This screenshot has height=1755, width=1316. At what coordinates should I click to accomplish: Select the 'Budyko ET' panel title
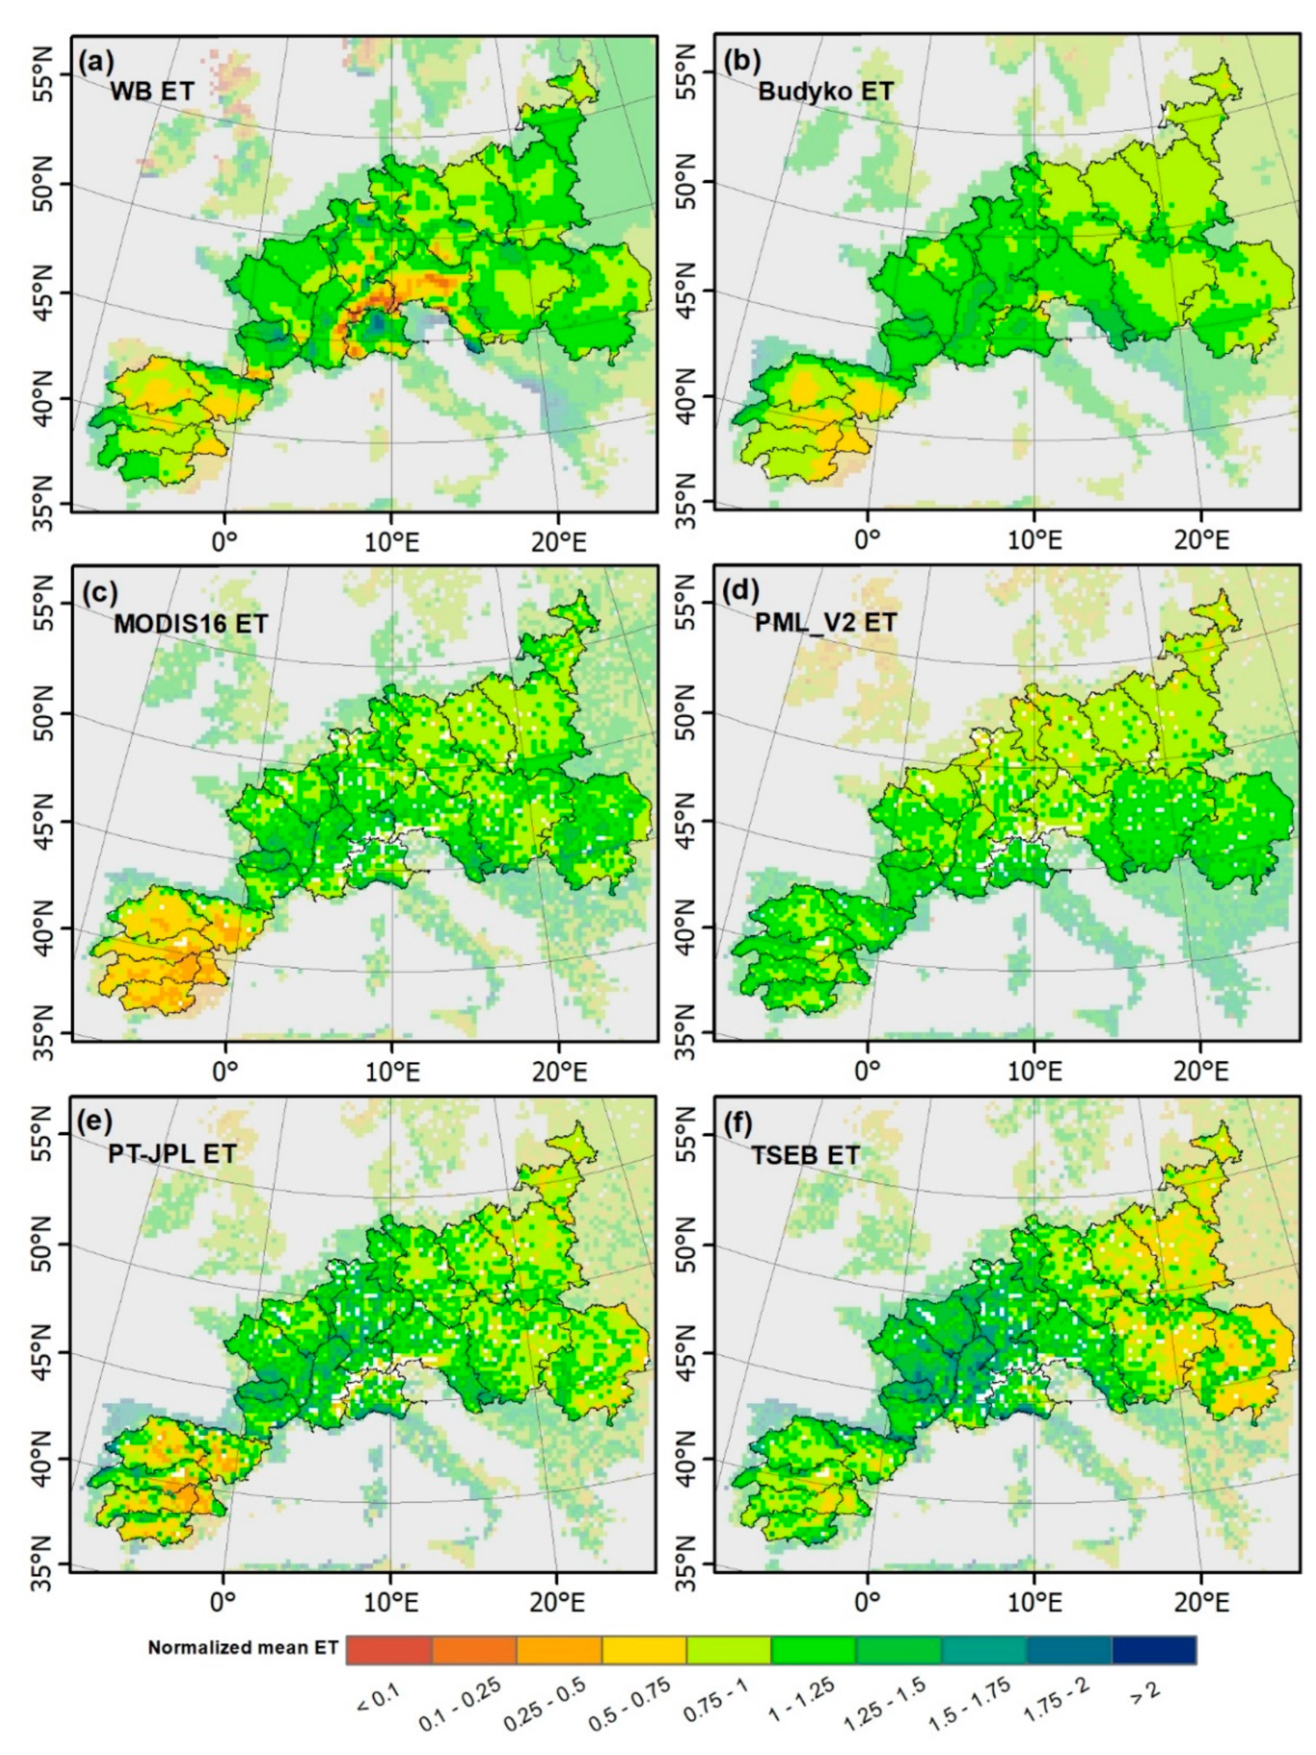(x=825, y=91)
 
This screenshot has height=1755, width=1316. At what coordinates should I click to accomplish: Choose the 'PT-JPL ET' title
(x=172, y=1153)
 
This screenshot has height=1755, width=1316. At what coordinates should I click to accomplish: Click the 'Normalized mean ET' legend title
(x=242, y=1648)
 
